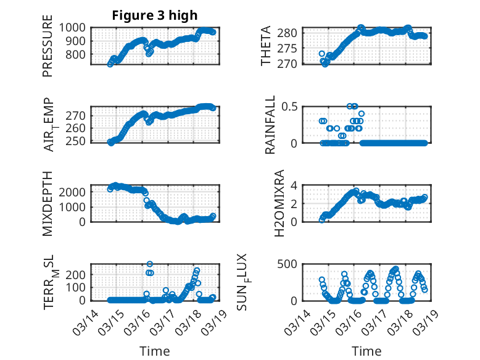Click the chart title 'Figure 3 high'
(x=155, y=15)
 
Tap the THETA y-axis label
(x=266, y=46)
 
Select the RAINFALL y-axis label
(x=270, y=125)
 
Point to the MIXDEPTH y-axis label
(x=48, y=203)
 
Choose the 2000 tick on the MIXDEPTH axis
(x=75, y=191)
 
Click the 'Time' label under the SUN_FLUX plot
(x=366, y=351)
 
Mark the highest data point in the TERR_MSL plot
(x=149, y=264)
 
